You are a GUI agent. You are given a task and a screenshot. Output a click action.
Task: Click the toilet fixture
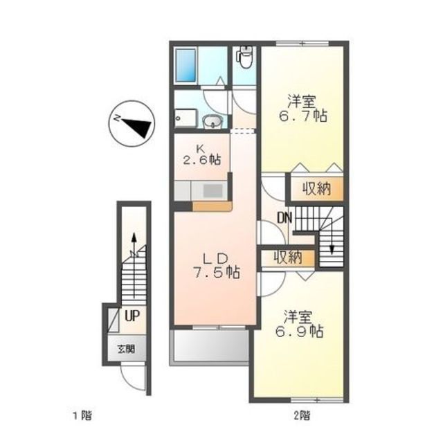[x=245, y=57]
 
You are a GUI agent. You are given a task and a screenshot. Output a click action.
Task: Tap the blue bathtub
[x=186, y=66]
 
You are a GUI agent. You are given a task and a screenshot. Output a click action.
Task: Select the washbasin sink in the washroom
[x=213, y=122]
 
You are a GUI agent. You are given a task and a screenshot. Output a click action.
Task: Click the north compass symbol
[x=132, y=124]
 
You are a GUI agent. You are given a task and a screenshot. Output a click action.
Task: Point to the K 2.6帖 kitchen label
[x=201, y=156]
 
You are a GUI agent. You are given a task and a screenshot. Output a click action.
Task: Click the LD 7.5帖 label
[x=217, y=266]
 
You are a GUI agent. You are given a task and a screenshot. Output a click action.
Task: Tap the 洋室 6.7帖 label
[x=303, y=109]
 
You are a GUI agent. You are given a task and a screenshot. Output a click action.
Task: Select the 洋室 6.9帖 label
[x=299, y=325]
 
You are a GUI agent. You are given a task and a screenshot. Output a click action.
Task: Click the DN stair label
[x=284, y=218]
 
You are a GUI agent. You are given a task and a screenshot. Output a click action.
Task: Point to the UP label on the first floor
[x=132, y=316]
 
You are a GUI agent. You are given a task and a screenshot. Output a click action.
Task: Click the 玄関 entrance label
[x=126, y=350]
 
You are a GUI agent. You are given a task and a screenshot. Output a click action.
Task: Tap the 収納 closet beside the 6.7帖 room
[x=317, y=189]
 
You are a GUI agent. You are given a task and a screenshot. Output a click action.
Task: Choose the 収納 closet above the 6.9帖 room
[x=288, y=257]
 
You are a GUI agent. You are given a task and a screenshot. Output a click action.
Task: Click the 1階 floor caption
[x=82, y=415]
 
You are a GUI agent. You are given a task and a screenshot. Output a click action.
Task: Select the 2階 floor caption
[x=302, y=415]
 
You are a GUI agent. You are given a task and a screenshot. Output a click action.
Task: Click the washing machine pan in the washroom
[x=186, y=118]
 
